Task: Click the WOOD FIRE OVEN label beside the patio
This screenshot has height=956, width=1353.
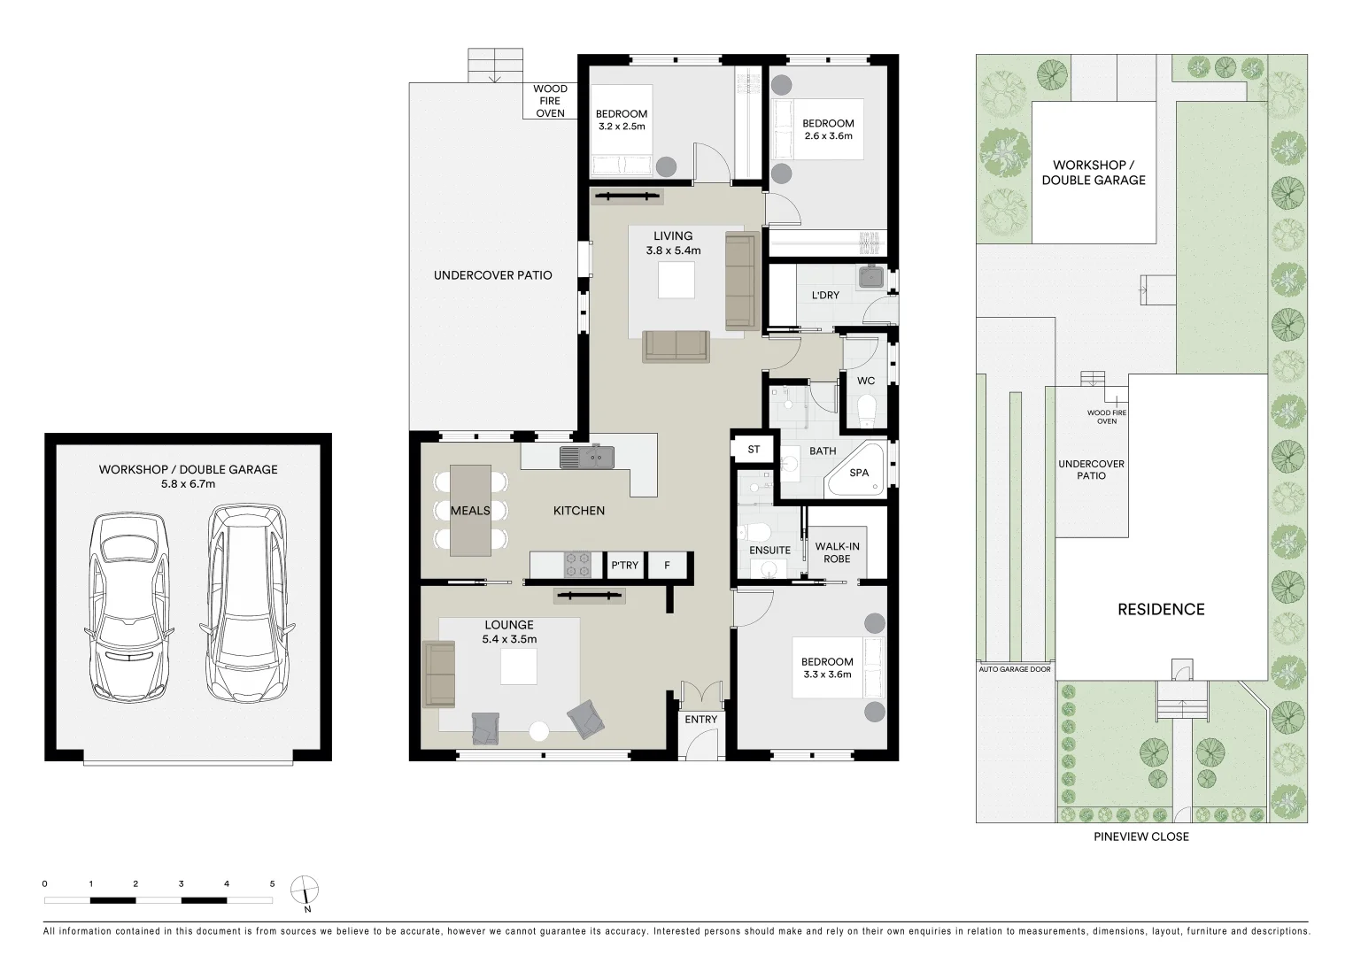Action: pos(550,101)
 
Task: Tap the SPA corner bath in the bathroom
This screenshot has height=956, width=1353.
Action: pos(857,474)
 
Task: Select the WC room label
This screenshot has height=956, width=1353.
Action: pos(866,381)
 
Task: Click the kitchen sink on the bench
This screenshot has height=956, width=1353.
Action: pos(586,457)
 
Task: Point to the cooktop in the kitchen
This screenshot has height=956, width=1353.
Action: pos(578,565)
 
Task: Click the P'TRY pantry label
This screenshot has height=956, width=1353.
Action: pos(624,566)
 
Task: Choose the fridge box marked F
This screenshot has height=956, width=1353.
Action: pos(668,566)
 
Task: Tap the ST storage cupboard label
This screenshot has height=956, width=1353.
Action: pos(754,450)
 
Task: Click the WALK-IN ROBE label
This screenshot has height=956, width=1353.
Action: pos(837,552)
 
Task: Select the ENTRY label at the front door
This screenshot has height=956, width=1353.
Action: pos(700,720)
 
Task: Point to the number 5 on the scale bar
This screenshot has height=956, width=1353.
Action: pos(273,883)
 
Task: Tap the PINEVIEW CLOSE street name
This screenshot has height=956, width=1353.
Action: pos(1140,836)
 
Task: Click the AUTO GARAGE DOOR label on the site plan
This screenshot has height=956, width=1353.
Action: pos(1015,669)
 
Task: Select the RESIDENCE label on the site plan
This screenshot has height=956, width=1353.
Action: pos(1160,609)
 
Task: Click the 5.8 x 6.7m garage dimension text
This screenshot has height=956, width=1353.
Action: pos(188,484)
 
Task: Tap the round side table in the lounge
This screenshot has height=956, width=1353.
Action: pos(538,731)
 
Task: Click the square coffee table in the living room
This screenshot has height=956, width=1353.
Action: pos(676,281)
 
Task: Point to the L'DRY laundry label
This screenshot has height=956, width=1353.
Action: pos(825,295)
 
